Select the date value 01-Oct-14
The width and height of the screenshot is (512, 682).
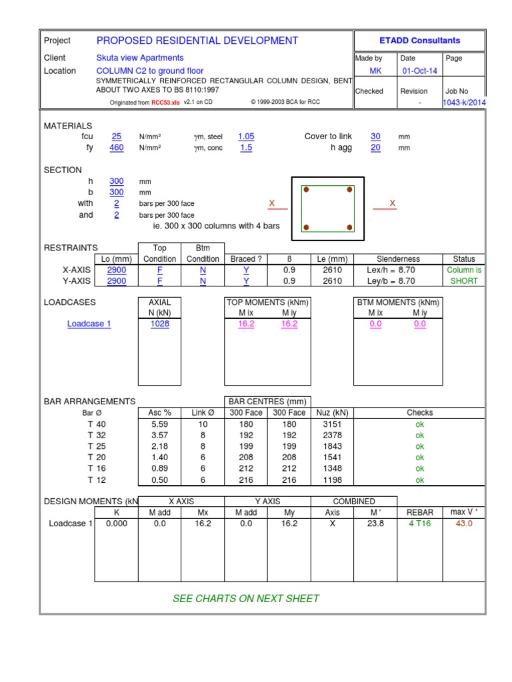pyautogui.click(x=419, y=71)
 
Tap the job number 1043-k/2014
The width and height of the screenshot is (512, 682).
pyautogui.click(x=465, y=103)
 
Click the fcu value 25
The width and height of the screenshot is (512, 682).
pyautogui.click(x=117, y=137)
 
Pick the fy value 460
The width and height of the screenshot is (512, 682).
pyautogui.click(x=117, y=148)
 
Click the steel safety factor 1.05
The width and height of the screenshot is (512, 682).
pyautogui.click(x=246, y=137)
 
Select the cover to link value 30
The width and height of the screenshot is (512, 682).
pyautogui.click(x=375, y=137)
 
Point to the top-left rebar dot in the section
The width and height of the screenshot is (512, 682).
pyautogui.click(x=307, y=190)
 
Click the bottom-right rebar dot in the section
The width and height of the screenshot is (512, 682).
pyautogui.click(x=349, y=228)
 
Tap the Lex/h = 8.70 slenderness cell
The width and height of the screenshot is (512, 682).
pyautogui.click(x=398, y=270)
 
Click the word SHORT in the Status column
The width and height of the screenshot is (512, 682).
pyautogui.click(x=464, y=281)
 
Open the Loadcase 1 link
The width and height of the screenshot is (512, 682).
pyautogui.click(x=89, y=324)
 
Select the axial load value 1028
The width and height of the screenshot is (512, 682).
pyautogui.click(x=160, y=324)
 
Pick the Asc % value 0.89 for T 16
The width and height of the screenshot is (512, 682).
pyautogui.click(x=160, y=468)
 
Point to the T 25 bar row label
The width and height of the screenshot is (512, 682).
pyautogui.click(x=97, y=446)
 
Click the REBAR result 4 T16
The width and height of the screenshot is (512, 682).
pyautogui.click(x=420, y=523)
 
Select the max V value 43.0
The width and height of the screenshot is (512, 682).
pyautogui.click(x=463, y=523)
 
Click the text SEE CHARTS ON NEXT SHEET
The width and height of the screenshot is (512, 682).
pyautogui.click(x=246, y=598)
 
